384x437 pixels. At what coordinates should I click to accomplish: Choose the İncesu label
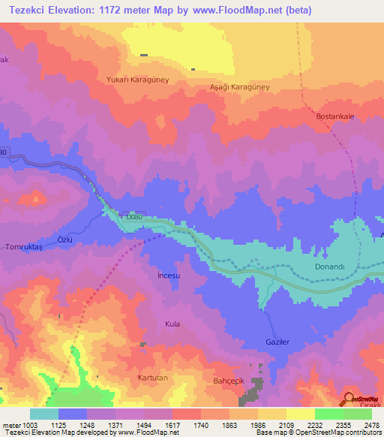click(x=169, y=276)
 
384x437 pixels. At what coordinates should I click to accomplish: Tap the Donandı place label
click(x=328, y=267)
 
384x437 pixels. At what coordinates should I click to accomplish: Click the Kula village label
click(x=172, y=324)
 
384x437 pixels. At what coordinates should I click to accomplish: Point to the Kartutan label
click(x=154, y=376)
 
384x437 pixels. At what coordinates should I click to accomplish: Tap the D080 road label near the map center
click(x=133, y=217)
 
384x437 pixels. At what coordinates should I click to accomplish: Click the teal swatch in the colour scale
click(x=43, y=414)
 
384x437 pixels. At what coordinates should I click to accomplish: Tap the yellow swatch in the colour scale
click(x=300, y=414)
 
